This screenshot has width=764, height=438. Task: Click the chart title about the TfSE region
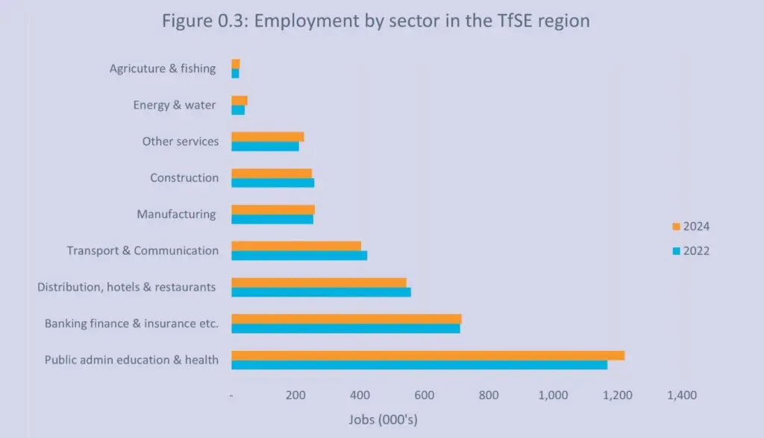(x=375, y=21)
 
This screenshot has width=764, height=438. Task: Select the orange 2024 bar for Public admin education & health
(x=428, y=355)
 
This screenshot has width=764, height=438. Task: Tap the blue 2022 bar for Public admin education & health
(x=419, y=365)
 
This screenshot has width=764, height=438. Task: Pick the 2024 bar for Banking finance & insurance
(x=346, y=319)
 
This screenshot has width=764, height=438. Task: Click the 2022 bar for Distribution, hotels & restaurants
(x=321, y=292)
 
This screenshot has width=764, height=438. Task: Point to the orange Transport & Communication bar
(x=296, y=246)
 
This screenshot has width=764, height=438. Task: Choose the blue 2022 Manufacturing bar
(x=272, y=219)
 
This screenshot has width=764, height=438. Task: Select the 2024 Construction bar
(x=272, y=173)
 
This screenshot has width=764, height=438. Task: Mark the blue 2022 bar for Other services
(x=265, y=146)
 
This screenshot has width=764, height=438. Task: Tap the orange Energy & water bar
(x=239, y=101)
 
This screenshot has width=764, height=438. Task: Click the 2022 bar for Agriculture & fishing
(x=235, y=73)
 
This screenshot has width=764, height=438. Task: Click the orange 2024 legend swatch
(x=676, y=226)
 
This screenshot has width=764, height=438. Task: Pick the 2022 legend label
(x=696, y=251)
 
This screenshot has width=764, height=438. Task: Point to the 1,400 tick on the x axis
(x=681, y=396)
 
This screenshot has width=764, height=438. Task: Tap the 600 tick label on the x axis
(x=424, y=396)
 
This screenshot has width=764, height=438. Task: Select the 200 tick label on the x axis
(x=295, y=396)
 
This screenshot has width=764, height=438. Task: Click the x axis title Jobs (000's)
(x=383, y=419)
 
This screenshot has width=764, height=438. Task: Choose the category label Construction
(x=184, y=178)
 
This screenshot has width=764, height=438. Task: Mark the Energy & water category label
(x=175, y=105)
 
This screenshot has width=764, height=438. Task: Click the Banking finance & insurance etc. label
(x=131, y=323)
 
